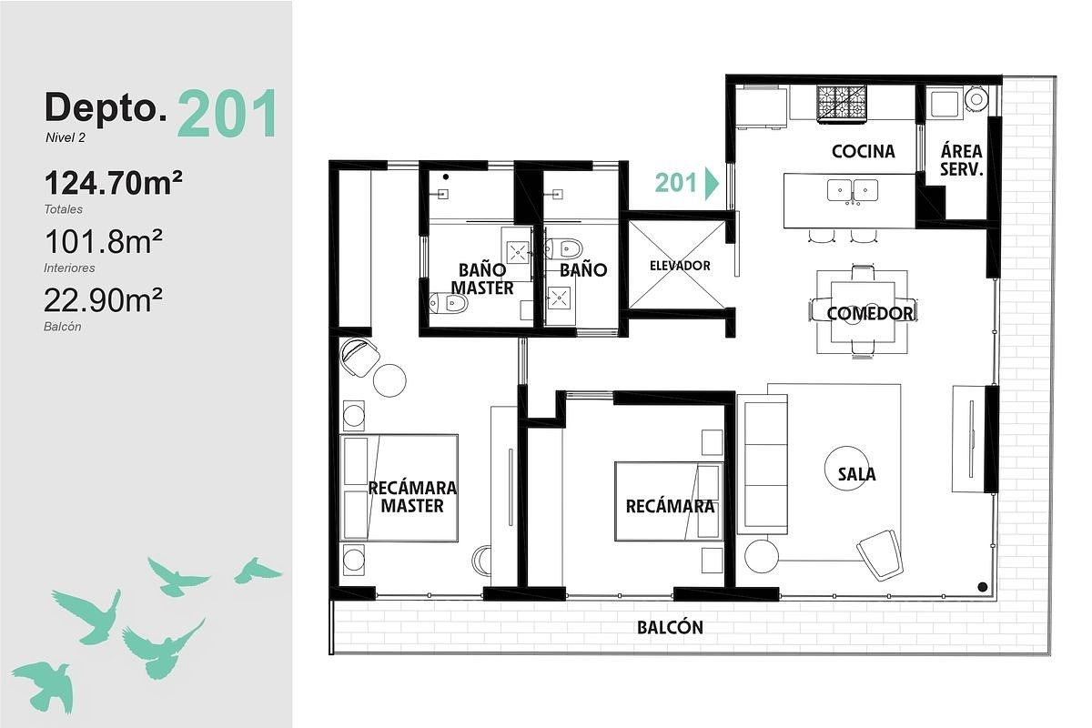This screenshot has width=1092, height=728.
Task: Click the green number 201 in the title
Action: [x=228, y=114]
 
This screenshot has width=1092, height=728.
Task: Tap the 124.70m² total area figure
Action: [x=114, y=183]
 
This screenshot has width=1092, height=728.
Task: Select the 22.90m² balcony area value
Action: [x=104, y=300]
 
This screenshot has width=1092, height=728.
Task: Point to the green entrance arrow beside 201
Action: [x=712, y=183]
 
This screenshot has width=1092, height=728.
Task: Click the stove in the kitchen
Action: [x=843, y=102]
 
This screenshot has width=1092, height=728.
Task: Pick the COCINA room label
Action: [x=864, y=152]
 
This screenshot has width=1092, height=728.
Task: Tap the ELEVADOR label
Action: [x=680, y=266]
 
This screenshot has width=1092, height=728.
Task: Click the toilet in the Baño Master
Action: [x=449, y=303]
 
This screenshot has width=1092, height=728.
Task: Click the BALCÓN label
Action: [x=671, y=627]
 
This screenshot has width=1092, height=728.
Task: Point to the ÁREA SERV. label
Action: [x=961, y=160]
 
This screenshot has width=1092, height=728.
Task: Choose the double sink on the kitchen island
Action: [x=853, y=191]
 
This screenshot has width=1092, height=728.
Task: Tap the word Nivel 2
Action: [x=66, y=138]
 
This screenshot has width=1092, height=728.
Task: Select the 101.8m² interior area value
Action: [x=104, y=242]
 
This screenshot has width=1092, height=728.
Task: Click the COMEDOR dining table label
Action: [x=870, y=314]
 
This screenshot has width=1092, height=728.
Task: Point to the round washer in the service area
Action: [x=976, y=99]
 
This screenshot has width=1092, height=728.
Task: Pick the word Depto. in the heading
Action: [x=106, y=108]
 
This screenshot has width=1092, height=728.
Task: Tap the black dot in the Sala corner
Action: [x=982, y=587]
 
